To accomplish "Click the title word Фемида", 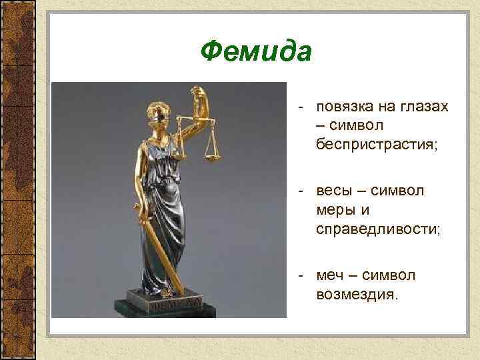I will tap(256, 51).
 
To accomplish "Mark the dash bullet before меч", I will tap(302, 275).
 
